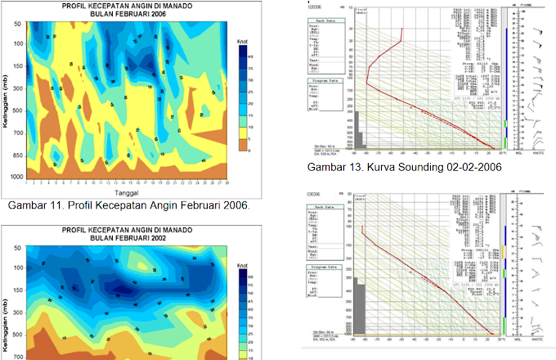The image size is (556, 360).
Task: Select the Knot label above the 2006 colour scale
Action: [x=244, y=38]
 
